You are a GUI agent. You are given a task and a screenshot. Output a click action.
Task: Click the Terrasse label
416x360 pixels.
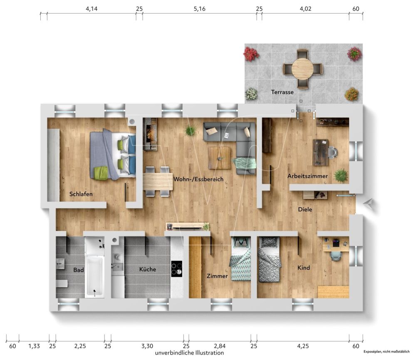point(282,92)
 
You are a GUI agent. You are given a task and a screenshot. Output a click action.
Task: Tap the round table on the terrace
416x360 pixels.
point(302,69)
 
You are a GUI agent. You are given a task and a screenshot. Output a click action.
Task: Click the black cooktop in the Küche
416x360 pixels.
point(177,268)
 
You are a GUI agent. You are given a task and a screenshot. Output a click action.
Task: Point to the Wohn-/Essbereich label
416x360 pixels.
point(198,179)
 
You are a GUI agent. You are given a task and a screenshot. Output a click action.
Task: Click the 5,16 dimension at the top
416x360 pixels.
point(200,8)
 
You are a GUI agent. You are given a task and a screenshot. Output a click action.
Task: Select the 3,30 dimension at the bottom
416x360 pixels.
point(147,345)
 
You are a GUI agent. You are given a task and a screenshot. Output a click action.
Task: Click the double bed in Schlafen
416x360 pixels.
point(112,154)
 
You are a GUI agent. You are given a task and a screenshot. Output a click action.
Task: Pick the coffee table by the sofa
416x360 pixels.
point(220,158)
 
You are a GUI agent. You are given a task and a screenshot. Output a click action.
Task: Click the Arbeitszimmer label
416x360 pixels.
point(307,176)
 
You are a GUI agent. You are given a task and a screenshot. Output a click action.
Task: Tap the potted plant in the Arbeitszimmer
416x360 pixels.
point(341,175)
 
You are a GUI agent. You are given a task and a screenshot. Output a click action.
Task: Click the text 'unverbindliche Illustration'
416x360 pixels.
point(189,353)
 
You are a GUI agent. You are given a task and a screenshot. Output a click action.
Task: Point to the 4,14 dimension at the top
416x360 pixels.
point(92,8)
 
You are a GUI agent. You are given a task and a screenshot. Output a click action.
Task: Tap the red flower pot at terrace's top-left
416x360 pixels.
point(251,54)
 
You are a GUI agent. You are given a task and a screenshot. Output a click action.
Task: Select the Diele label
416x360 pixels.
point(305,209)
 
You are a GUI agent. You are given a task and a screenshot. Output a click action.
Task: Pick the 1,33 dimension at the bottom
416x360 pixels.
point(34,345)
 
